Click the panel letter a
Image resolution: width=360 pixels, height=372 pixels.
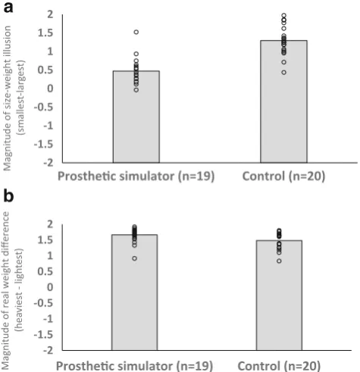pyautogui.click(x=8, y=8)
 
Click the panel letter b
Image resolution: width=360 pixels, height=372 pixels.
pyautogui.click(x=8, y=195)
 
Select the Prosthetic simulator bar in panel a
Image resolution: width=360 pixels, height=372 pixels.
pyautogui.click(x=136, y=117)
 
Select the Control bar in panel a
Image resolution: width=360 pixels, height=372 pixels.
pyautogui.click(x=284, y=102)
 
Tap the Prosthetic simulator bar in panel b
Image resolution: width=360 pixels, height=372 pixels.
pyautogui.click(x=135, y=292)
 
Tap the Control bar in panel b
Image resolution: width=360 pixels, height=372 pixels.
pyautogui.click(x=279, y=295)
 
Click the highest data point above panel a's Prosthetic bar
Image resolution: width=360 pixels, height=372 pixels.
pyautogui.click(x=136, y=32)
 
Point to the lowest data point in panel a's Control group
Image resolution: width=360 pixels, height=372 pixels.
pyautogui.click(x=284, y=73)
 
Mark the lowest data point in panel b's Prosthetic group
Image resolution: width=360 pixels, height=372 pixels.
pyautogui.click(x=135, y=258)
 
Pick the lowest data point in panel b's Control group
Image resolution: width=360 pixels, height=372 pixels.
pyautogui.click(x=279, y=261)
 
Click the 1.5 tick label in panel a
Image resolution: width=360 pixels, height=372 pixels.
pyautogui.click(x=45, y=33)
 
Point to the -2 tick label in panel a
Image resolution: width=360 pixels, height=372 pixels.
pyautogui.click(x=49, y=162)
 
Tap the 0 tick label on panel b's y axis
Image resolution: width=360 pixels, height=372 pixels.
pyautogui.click(x=50, y=287)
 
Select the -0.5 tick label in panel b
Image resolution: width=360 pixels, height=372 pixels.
pyautogui.click(x=43, y=303)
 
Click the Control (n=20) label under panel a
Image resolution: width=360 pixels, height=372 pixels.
pyautogui.click(x=283, y=177)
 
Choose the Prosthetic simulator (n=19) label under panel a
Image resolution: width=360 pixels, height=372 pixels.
pyautogui.click(x=136, y=177)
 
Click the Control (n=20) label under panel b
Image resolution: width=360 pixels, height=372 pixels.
pyautogui.click(x=279, y=366)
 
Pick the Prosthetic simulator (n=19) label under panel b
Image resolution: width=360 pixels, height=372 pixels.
pyautogui.click(x=134, y=366)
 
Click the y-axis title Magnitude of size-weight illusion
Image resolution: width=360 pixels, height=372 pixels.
pyautogui.click(x=8, y=98)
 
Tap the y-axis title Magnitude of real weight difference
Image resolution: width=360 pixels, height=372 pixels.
pyautogui.click(x=6, y=291)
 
